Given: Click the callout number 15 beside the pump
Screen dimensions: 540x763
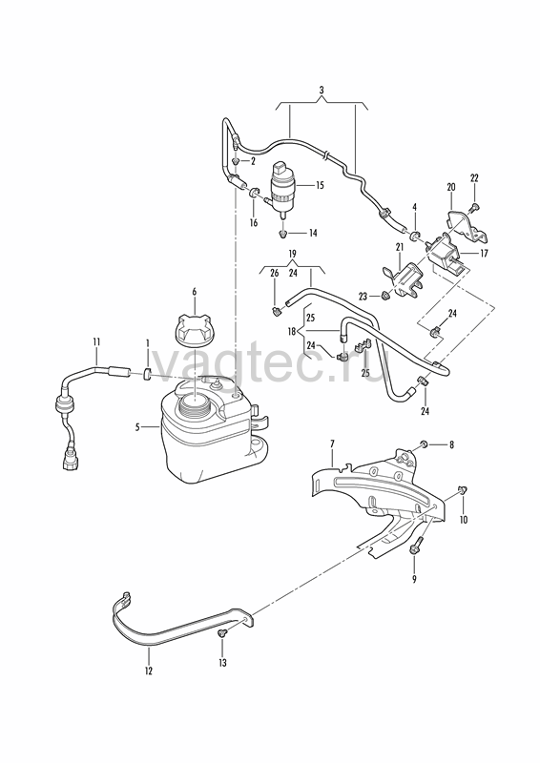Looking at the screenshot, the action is (320, 185).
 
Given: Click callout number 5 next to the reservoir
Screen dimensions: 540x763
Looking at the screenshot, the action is (137, 427).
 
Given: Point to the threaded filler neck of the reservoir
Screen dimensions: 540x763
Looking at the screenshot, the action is (195, 404).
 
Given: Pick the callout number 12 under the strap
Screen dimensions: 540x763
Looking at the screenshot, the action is (149, 671).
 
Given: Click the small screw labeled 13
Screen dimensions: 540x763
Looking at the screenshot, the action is (222, 633).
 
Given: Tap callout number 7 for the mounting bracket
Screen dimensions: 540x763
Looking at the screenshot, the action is (333, 443).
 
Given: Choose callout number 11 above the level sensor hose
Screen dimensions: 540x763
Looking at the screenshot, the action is (96, 342).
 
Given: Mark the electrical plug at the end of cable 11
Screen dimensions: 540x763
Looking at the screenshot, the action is (70, 460).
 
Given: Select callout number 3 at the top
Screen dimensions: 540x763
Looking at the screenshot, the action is (322, 90).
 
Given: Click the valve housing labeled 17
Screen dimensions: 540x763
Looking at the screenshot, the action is (446, 253).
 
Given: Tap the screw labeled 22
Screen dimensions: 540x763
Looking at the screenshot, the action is (472, 208).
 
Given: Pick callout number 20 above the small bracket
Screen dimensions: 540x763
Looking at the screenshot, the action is (451, 187).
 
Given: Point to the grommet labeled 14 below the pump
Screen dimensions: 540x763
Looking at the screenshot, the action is (282, 235).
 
